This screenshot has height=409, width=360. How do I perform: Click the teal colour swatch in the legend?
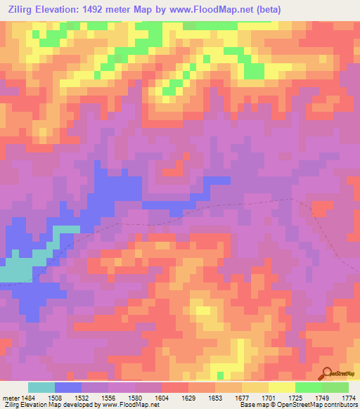(41, 387)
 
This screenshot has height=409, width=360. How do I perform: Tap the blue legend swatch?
(68, 387)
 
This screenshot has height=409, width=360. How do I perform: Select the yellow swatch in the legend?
(281, 387)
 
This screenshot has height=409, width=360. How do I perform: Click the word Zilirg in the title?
(22, 9)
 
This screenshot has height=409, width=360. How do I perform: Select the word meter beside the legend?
(11, 398)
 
